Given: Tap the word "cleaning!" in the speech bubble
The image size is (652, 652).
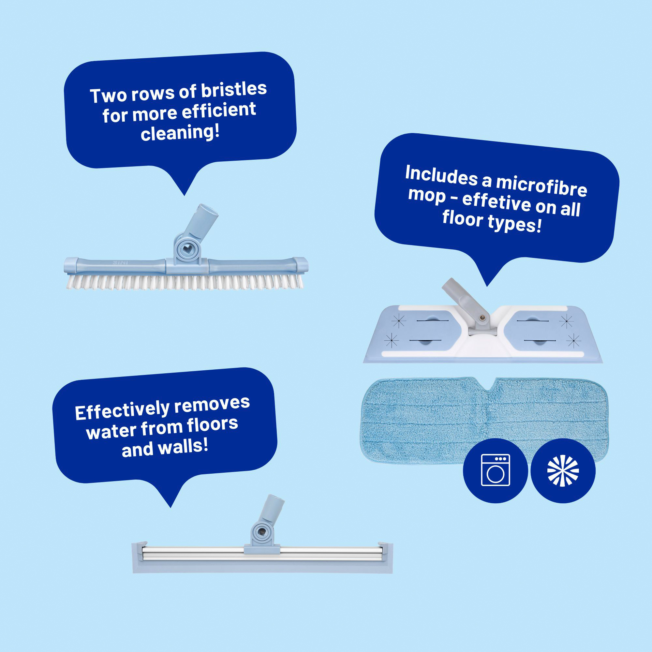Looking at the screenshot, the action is [x=180, y=132].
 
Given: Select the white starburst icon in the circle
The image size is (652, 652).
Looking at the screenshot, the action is [x=563, y=470].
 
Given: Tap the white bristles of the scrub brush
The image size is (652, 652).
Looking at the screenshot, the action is [x=185, y=282].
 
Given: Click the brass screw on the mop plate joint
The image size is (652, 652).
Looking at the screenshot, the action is [x=483, y=317].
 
